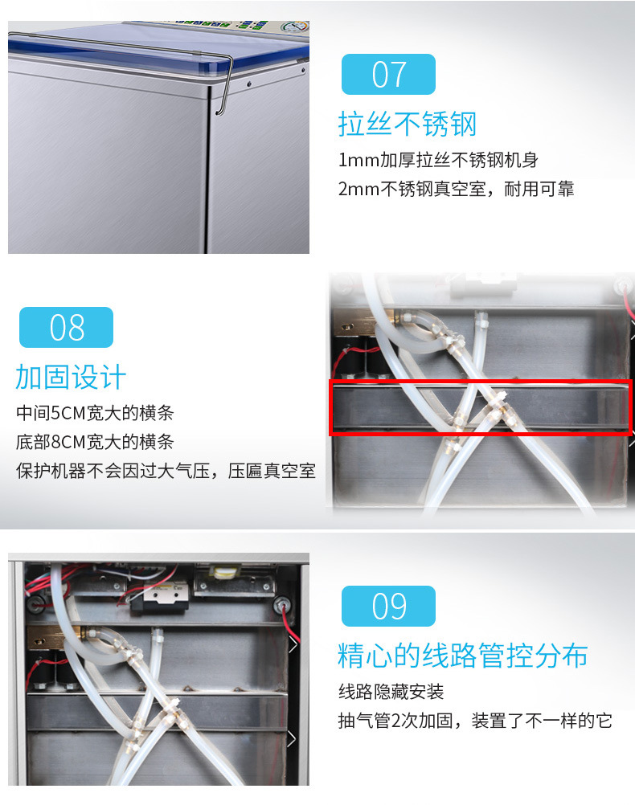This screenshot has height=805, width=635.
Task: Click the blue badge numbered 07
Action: [388, 75]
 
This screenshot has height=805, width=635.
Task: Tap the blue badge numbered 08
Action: [66, 328]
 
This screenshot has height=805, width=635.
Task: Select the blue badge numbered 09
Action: [388, 607]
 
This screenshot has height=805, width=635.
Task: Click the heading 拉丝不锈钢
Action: [408, 125]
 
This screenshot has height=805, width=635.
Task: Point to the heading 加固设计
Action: [71, 378]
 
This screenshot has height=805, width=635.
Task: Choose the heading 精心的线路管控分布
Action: [463, 656]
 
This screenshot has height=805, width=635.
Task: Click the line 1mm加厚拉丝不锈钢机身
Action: [438, 160]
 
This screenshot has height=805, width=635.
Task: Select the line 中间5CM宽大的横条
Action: [95, 413]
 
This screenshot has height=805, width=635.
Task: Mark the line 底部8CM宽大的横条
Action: [95, 442]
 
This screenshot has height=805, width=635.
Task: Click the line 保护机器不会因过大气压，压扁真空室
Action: [166, 471]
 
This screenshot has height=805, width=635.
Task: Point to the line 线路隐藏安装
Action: [391, 692]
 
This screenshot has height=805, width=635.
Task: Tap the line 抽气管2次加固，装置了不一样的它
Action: [475, 721]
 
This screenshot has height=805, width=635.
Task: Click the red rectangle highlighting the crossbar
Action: [481, 382]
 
